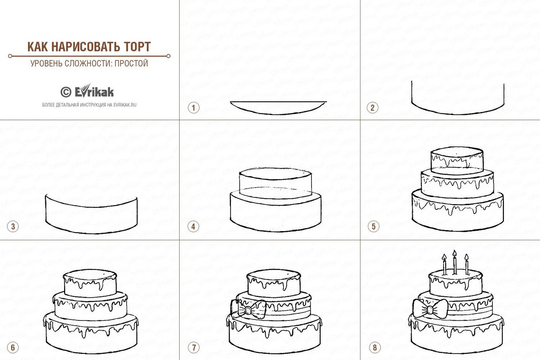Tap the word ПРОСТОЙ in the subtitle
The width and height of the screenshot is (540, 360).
(131, 63)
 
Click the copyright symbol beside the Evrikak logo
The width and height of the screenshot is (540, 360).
(66, 92)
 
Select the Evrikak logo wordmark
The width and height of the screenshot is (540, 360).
(94, 91)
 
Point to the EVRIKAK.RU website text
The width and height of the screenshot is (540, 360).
(125, 105)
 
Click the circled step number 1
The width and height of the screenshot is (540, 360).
(194, 108)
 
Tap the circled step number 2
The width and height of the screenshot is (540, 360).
(373, 108)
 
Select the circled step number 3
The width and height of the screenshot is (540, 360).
(13, 226)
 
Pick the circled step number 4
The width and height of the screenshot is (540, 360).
(193, 227)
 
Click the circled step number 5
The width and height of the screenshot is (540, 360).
(374, 226)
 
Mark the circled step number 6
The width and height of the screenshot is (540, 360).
(13, 347)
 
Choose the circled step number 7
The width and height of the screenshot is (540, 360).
(194, 347)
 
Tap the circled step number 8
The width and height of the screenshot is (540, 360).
(375, 347)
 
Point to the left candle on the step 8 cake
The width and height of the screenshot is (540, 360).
(444, 265)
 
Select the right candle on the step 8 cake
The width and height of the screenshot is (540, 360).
(467, 264)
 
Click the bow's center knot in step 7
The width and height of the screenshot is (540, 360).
(248, 310)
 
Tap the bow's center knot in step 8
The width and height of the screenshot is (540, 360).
(430, 310)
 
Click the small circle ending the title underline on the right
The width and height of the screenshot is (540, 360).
(168, 56)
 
